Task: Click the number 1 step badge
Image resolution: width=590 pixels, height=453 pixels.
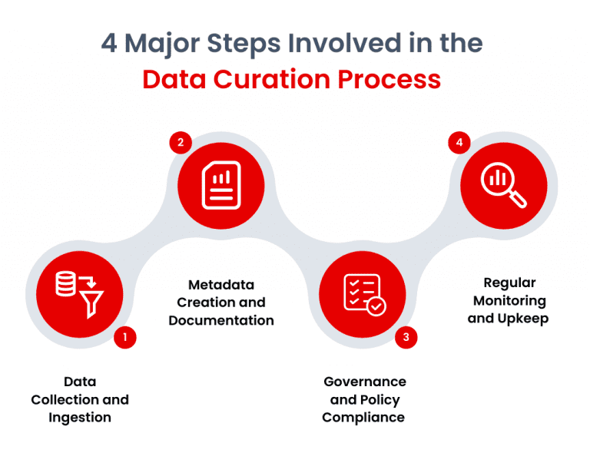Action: (124, 336)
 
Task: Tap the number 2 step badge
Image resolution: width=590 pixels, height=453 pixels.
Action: (180, 143)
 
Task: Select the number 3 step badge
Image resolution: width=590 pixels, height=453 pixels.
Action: (406, 336)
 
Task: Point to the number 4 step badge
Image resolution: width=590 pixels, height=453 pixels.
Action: (459, 143)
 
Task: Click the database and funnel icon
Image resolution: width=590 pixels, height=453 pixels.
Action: (79, 290)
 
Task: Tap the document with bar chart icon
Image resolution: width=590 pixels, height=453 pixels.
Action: (221, 185)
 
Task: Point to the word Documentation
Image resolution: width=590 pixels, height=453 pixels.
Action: (221, 320)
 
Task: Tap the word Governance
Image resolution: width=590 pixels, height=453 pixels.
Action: (364, 382)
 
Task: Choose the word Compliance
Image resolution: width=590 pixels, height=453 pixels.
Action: (363, 417)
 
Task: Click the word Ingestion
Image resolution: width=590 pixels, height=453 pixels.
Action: (80, 417)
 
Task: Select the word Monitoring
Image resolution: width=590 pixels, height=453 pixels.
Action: (509, 300)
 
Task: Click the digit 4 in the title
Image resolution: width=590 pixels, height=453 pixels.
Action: (110, 44)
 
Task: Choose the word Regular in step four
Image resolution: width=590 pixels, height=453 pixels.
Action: (509, 283)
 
